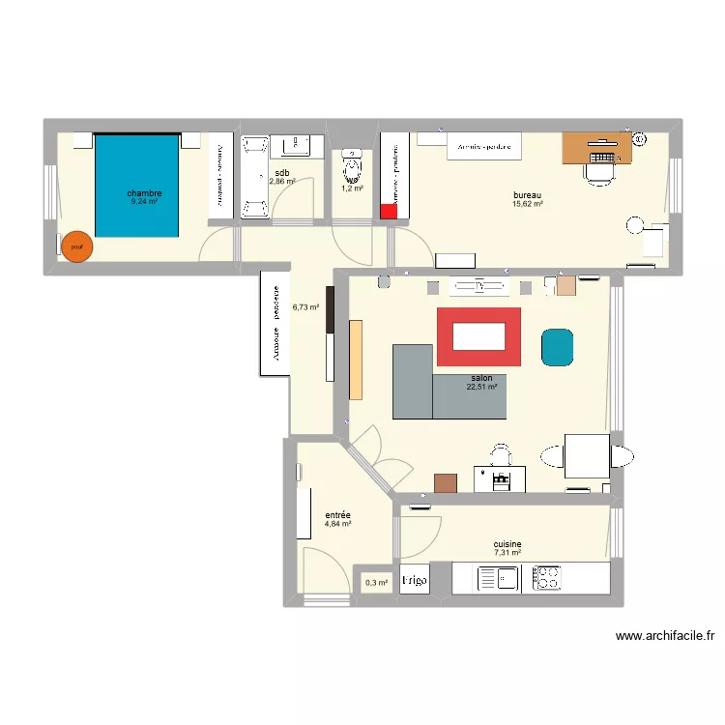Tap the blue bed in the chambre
137,185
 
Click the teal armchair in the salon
557,348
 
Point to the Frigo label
415,580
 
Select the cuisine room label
507,544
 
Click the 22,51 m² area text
481,387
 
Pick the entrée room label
337,515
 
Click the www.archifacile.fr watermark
664,636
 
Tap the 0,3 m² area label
376,582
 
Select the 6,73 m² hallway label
305,307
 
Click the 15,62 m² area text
528,205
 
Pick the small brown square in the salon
446,483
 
